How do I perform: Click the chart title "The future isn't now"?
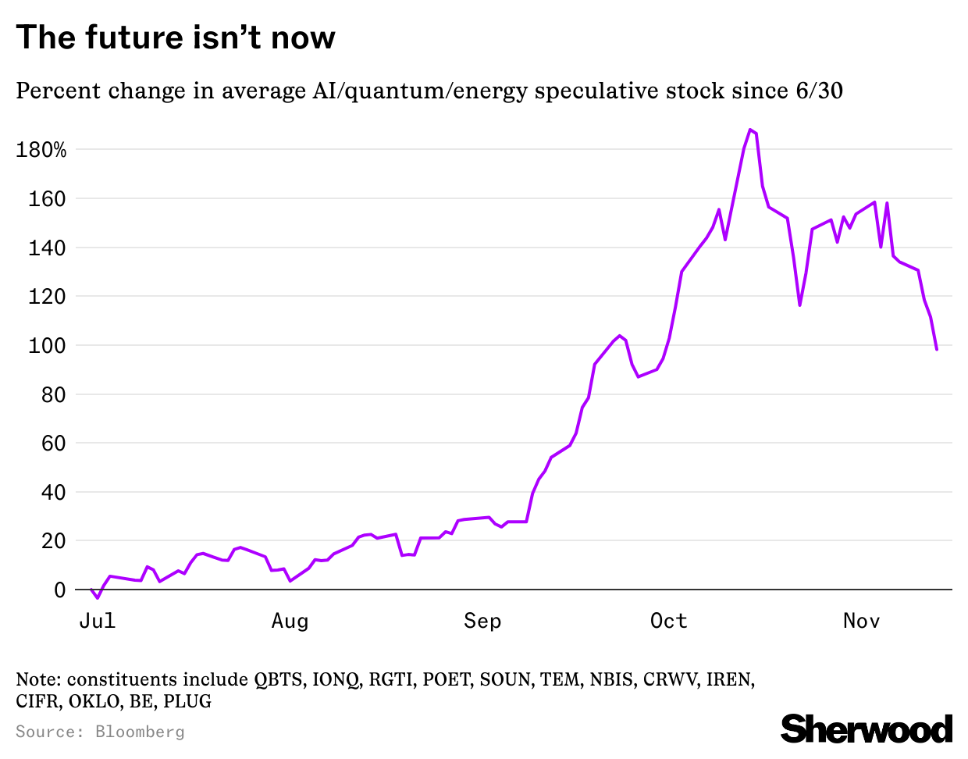(x=176, y=37)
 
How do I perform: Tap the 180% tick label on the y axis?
(x=41, y=150)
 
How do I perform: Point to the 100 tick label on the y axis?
(x=47, y=345)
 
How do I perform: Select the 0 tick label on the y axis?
(x=60, y=590)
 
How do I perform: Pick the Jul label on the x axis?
(x=98, y=621)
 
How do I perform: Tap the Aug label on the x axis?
(x=290, y=621)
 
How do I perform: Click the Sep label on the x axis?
(x=482, y=621)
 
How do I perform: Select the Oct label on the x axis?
(x=668, y=621)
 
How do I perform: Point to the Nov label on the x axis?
(x=861, y=621)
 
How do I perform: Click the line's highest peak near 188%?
(x=750, y=130)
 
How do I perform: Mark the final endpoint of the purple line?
(x=936, y=349)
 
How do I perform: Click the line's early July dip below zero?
(x=98, y=597)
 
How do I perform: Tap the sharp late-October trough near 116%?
(x=799, y=305)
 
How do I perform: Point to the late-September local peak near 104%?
(x=620, y=336)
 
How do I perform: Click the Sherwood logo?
(x=867, y=729)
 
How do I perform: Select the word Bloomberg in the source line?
(x=140, y=732)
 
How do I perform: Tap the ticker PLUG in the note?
(x=187, y=701)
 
